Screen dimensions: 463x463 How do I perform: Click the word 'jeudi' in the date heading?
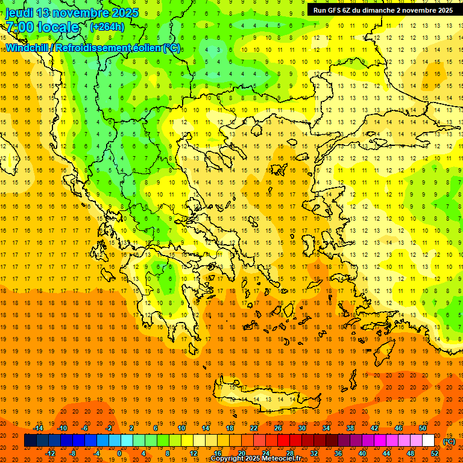point(19,13)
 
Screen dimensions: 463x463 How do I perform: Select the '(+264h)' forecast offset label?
point(107,27)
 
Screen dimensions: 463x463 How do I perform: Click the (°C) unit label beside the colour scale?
point(449,441)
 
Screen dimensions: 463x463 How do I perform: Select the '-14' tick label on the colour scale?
point(39,428)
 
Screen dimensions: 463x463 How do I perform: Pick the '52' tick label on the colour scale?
point(435,453)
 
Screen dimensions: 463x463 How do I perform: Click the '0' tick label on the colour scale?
point(119,453)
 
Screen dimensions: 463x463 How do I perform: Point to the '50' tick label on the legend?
point(423,428)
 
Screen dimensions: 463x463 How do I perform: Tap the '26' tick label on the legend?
point(278,428)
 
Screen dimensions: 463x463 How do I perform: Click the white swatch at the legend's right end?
point(428,441)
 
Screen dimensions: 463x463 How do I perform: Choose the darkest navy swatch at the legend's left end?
point(30,441)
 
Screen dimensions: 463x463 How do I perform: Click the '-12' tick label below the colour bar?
point(51,453)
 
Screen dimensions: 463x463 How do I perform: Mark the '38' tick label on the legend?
point(350,428)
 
